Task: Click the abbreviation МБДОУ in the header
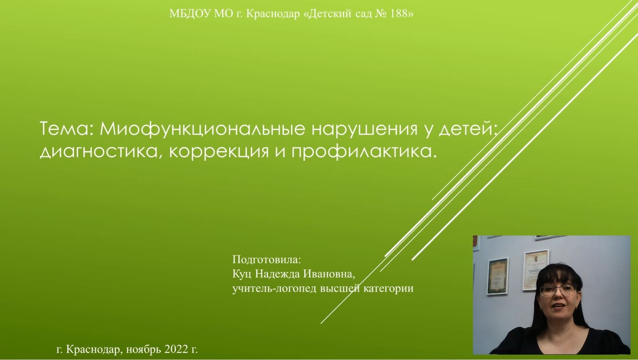point(190,14)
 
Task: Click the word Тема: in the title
point(66,129)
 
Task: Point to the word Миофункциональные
point(202,129)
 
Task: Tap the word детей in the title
point(466,129)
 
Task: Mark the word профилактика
point(363,152)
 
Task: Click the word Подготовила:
point(267,260)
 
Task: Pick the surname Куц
point(241,274)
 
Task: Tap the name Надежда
point(277,274)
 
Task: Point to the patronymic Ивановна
point(329,274)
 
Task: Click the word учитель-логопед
point(274,289)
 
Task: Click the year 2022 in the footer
point(176,349)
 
